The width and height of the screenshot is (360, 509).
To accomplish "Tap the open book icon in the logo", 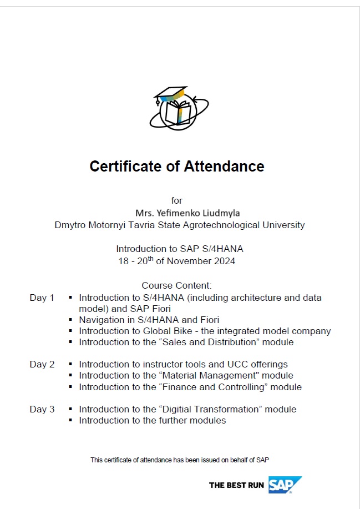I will [x=178, y=112].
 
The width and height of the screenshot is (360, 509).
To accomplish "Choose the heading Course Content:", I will [x=177, y=286].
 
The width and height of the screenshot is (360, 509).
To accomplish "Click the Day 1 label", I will [x=42, y=298].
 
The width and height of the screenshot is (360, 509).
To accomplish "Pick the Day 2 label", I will [x=42, y=364].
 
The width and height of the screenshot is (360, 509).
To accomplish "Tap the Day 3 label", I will [x=42, y=409].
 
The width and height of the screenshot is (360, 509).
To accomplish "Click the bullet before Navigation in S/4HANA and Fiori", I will [x=70, y=320].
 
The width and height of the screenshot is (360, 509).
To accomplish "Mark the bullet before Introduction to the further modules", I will [x=70, y=420].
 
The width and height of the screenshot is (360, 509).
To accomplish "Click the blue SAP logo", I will [x=284, y=485].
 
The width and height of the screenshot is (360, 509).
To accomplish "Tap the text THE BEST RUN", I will [x=236, y=485].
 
